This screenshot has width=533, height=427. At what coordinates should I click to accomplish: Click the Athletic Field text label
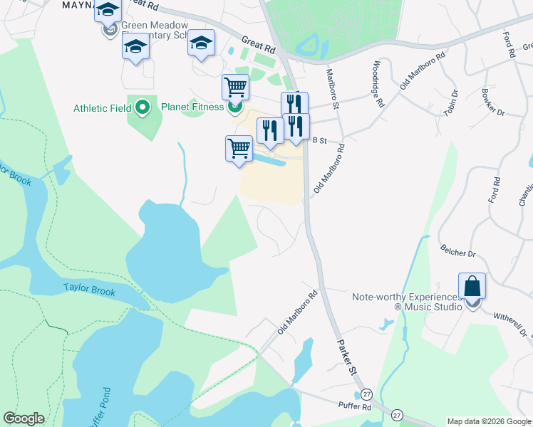click(102, 108)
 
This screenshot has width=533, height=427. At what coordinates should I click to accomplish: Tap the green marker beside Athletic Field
click(143, 108)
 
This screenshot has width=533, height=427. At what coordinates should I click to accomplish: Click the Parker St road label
click(346, 352)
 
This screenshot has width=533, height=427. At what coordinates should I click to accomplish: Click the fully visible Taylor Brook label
click(89, 288)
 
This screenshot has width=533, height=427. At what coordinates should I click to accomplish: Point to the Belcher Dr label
click(457, 253)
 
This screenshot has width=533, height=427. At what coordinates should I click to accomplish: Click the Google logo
click(24, 418)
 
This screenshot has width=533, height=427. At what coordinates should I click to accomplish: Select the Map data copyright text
click(490, 421)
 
